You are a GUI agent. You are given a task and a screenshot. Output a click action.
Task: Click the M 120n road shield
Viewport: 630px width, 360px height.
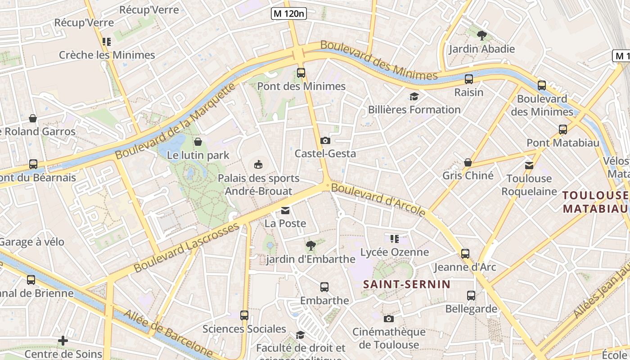coord(289,13)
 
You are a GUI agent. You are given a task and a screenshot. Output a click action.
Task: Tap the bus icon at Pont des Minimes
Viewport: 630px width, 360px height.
coord(301,72)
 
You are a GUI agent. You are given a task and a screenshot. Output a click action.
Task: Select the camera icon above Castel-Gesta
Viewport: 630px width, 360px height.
coord(325,140)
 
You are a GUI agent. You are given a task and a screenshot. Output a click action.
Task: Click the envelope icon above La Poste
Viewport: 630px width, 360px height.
coord(285,210)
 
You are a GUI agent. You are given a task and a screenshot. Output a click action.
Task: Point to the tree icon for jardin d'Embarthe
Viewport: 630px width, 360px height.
coord(310,246)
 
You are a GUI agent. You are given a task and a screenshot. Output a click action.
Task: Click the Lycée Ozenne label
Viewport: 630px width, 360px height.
coord(395,252)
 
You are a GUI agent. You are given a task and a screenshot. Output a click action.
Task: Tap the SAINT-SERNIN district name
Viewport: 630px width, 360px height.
coord(406,284)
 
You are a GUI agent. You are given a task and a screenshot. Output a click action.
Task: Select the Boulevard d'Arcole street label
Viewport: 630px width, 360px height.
coord(378,199)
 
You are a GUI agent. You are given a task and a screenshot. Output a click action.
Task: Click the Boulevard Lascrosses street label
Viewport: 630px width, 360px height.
coord(186,247)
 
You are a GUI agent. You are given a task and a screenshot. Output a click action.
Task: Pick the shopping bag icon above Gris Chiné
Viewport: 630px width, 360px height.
coord(468,162)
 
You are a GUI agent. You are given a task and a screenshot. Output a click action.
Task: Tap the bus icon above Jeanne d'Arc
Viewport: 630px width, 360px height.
coord(465,254)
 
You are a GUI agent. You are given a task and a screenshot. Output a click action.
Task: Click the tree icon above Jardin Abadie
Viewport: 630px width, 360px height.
coord(481,36)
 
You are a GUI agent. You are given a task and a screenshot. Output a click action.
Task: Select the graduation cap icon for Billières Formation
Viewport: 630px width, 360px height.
coord(414,96)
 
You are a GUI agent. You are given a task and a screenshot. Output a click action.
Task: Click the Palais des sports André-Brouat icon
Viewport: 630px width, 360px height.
coord(258,164)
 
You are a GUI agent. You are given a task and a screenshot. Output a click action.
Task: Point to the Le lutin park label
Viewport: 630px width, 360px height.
coord(198,156)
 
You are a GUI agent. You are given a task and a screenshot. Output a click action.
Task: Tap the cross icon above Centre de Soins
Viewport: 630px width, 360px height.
coord(63,341)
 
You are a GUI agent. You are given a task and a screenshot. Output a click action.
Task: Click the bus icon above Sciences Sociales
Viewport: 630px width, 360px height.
coord(244,315)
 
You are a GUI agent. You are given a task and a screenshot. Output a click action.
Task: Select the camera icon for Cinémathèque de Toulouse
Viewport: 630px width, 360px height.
coord(389,319)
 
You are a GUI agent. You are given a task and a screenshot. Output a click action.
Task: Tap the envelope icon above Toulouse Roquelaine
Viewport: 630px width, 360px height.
coord(529,166)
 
